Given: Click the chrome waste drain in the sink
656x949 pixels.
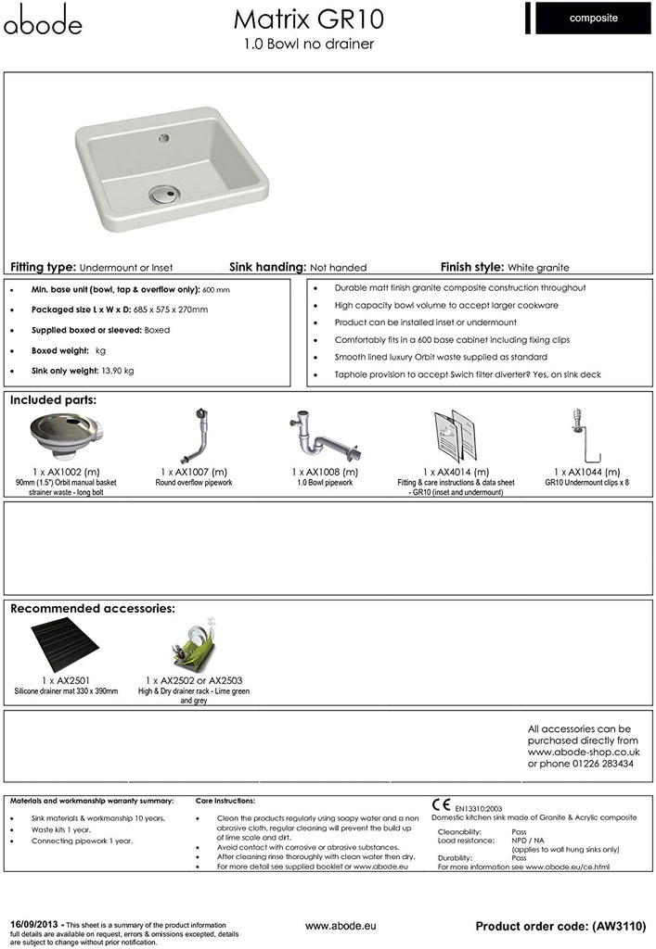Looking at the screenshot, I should [161, 194].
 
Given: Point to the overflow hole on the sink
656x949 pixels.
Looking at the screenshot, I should [165, 138].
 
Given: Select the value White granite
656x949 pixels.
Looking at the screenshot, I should [538, 267].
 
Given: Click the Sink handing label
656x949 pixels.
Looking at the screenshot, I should [267, 267].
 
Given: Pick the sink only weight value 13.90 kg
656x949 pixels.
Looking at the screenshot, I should [116, 371].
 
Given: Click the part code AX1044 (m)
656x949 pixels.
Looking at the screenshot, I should [586, 472].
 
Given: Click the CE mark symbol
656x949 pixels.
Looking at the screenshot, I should [441, 803].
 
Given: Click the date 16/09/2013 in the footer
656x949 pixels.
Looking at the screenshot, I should [34, 924].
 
